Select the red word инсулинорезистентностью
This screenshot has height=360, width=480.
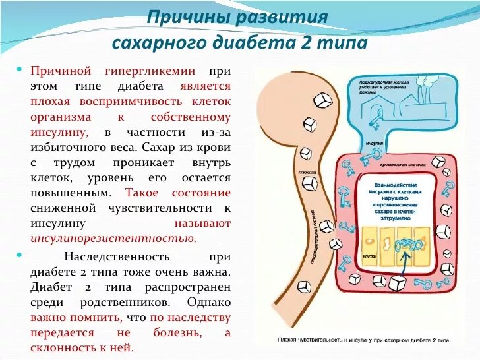coord(113,238)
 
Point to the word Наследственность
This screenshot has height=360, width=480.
coord(117,256)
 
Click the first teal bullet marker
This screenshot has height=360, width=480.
coord(20,69)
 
